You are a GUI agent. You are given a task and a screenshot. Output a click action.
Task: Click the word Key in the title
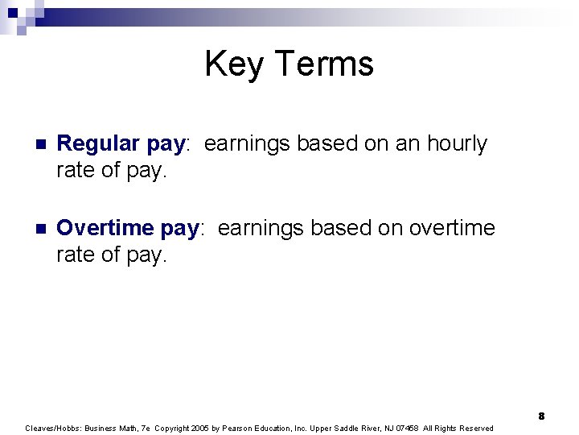[x=230, y=64]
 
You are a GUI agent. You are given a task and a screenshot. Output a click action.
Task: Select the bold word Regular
[x=101, y=144]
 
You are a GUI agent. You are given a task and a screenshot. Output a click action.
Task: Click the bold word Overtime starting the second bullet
[x=107, y=229]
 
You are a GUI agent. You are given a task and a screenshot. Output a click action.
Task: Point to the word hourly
[x=457, y=144]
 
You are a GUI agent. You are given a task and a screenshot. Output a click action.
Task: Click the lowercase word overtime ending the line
[x=451, y=229]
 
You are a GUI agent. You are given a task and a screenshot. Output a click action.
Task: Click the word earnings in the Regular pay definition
[x=248, y=144]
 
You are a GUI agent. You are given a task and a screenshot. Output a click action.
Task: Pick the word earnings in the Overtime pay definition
[x=261, y=229]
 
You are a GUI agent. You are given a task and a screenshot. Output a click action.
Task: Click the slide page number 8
[x=542, y=416]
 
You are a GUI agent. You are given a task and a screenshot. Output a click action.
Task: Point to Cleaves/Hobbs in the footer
[x=49, y=428]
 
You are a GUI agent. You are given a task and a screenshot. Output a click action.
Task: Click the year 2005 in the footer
[x=200, y=428]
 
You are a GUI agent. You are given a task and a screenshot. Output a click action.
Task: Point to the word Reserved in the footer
[x=476, y=428]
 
